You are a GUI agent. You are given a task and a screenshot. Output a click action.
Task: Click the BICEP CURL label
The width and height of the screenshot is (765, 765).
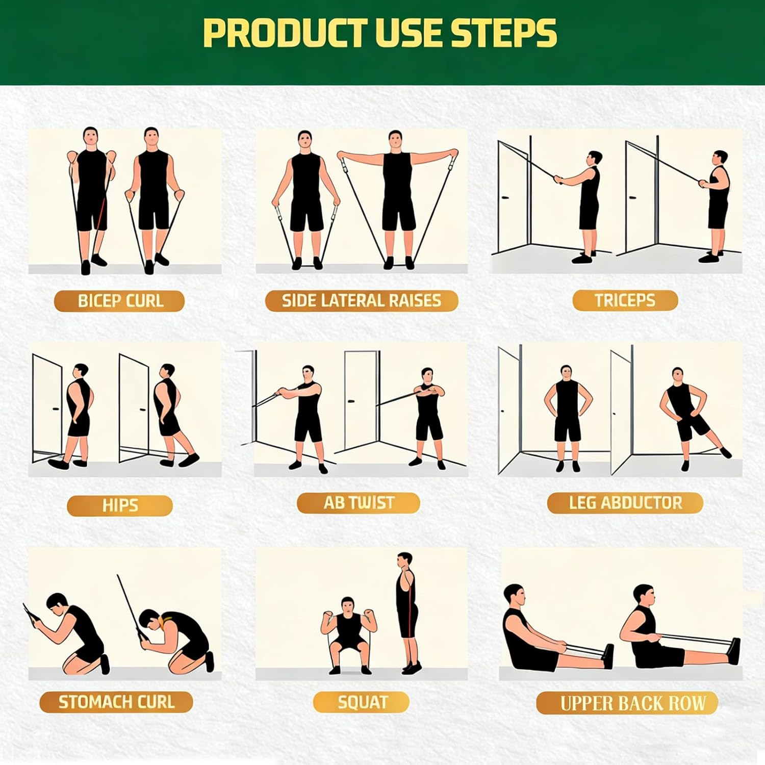119,301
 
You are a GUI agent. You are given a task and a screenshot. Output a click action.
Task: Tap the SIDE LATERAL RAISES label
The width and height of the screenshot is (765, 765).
361,300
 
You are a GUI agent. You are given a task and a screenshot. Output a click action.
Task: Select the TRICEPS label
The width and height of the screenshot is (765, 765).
625,300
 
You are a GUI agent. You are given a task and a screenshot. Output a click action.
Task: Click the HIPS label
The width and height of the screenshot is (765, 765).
120,505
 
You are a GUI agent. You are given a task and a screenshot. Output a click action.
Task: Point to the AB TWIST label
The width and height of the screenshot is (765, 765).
359,503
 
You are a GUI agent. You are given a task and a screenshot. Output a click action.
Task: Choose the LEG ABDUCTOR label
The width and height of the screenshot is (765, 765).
625,503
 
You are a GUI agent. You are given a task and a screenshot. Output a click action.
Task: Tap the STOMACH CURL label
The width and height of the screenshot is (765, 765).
116,702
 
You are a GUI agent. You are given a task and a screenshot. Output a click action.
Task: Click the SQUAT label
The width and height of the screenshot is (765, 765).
362,702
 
